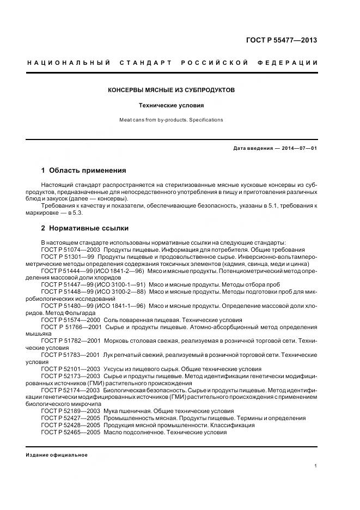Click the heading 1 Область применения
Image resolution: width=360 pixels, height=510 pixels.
pos(83,171)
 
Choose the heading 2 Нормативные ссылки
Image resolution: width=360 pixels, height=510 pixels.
pos(85,228)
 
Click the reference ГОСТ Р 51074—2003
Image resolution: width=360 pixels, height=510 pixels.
pos(70,249)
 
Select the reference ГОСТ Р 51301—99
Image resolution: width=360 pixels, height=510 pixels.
pos(66,256)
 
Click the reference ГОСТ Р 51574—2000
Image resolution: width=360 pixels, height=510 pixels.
pos(70,320)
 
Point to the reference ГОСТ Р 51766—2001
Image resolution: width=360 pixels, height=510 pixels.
pos(70,327)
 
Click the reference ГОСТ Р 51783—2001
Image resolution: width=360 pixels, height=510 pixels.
pos(70,355)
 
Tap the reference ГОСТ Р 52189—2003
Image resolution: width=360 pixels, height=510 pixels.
pos(70,411)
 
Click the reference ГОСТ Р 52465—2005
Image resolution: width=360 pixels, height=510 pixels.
pos(70,433)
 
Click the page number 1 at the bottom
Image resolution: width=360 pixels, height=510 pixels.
pos(316,466)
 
